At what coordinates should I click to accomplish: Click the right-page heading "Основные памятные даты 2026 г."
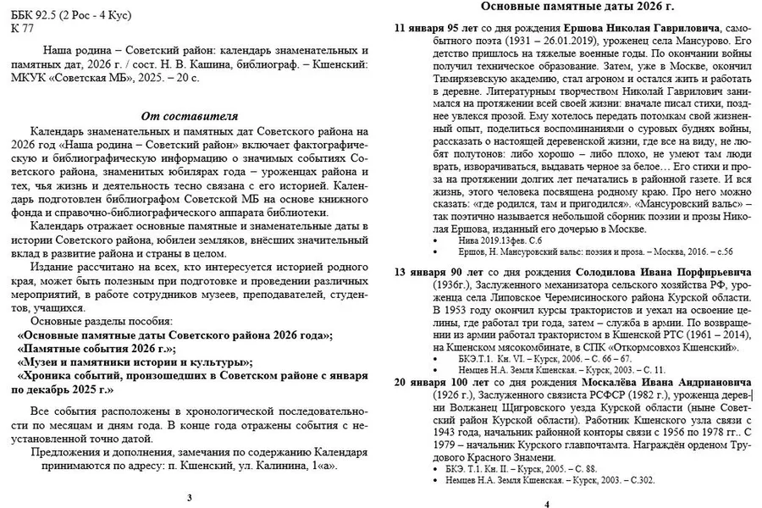573,8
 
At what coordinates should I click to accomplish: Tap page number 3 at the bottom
189,496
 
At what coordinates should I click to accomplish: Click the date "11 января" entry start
422,29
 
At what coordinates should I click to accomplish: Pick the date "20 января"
422,382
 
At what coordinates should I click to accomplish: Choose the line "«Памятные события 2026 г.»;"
96,348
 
